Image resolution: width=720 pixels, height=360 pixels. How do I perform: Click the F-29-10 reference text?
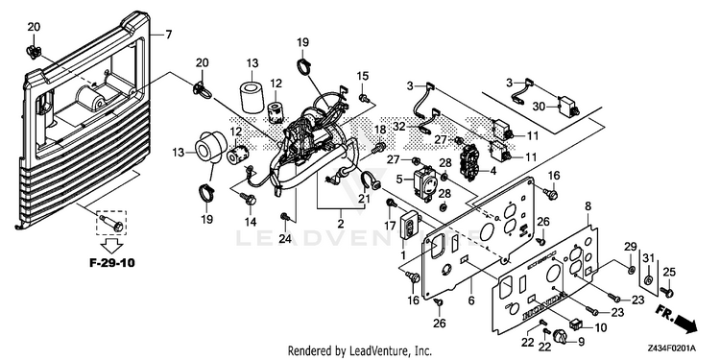pyautogui.click(x=112, y=264)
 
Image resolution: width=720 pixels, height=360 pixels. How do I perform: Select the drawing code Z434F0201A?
pyautogui.click(x=672, y=348)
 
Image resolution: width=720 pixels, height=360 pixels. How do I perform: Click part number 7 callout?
pyautogui.click(x=169, y=34)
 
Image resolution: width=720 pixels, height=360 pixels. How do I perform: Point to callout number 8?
pyautogui.click(x=588, y=206)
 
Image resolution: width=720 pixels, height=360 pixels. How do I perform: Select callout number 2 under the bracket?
pyautogui.click(x=340, y=225)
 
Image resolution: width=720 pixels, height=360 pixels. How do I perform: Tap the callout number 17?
pyautogui.click(x=390, y=226)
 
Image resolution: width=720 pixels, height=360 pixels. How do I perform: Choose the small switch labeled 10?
pyautogui.click(x=575, y=324)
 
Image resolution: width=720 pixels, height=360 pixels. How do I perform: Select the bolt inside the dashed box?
pyautogui.click(x=111, y=223)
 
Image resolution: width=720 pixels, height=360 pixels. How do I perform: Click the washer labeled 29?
pyautogui.click(x=631, y=269)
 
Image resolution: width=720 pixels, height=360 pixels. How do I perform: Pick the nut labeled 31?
pyautogui.click(x=647, y=279)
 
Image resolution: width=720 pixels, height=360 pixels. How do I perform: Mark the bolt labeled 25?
pyautogui.click(x=667, y=291)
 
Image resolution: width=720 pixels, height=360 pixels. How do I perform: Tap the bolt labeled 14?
pyautogui.click(x=249, y=198)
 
